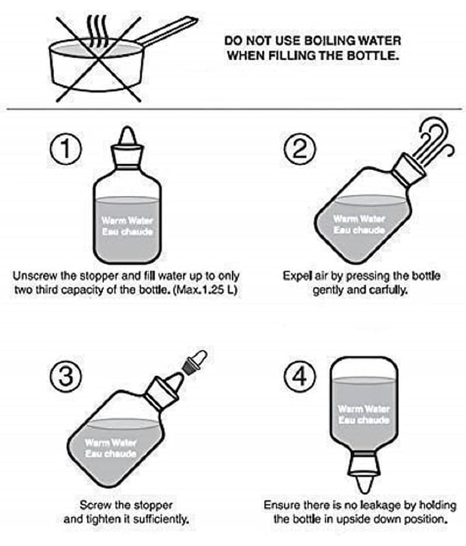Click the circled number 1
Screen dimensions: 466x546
point(65,149)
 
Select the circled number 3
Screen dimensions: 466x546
point(65,376)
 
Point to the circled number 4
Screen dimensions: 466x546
point(300,376)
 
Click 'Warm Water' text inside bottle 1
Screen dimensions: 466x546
point(128,220)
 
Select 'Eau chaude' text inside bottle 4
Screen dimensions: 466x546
point(364,420)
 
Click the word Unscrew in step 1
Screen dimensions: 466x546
point(35,276)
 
